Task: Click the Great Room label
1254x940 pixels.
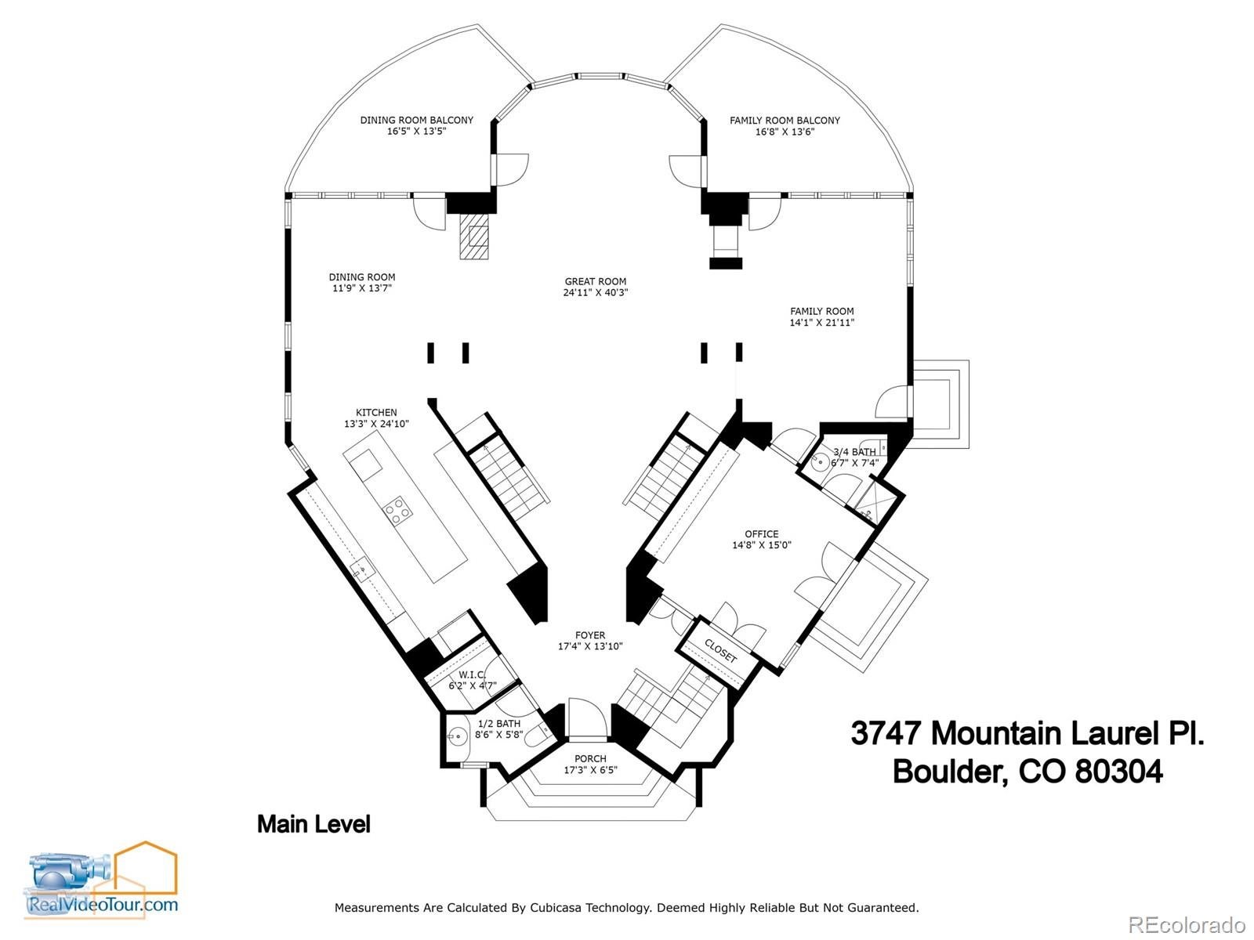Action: coord(596,281)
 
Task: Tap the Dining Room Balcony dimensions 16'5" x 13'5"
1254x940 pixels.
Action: coord(416,132)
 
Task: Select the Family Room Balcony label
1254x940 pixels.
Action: coord(785,121)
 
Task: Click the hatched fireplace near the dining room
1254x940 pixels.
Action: coord(474,237)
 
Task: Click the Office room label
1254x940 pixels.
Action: coord(762,534)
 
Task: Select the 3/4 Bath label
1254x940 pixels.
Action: coord(854,452)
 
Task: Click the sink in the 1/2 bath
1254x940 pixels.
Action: coord(457,736)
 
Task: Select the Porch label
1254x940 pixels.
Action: coord(590,758)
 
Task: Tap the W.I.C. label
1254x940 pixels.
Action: coord(472,674)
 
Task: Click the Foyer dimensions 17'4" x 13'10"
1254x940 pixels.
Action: coord(590,647)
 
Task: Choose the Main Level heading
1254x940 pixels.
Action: coord(313,824)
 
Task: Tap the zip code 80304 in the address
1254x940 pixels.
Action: coord(1118,772)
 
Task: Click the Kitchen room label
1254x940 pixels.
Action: coord(376,412)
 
